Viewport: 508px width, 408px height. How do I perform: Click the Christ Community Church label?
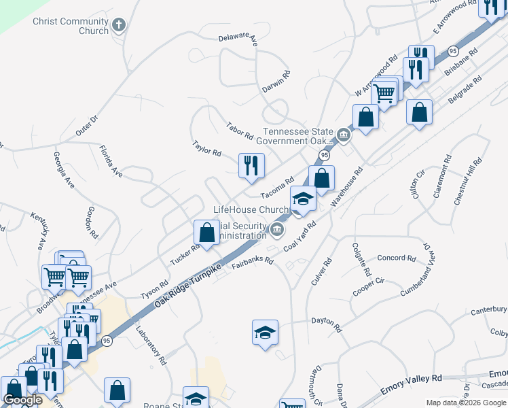(71, 26)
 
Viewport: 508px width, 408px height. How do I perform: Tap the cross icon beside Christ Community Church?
(119, 26)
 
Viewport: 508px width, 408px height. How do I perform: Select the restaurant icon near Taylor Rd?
(251, 165)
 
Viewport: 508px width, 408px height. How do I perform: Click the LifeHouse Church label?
(251, 209)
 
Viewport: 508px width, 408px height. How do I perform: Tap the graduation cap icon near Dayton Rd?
(265, 333)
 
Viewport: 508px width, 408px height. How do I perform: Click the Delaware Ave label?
(238, 39)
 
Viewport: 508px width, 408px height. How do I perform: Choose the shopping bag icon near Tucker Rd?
(206, 233)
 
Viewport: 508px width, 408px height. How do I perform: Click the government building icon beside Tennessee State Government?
(344, 136)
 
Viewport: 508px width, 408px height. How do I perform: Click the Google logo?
(23, 400)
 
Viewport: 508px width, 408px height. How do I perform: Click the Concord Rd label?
(396, 258)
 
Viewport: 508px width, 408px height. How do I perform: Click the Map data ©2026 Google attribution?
(465, 403)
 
